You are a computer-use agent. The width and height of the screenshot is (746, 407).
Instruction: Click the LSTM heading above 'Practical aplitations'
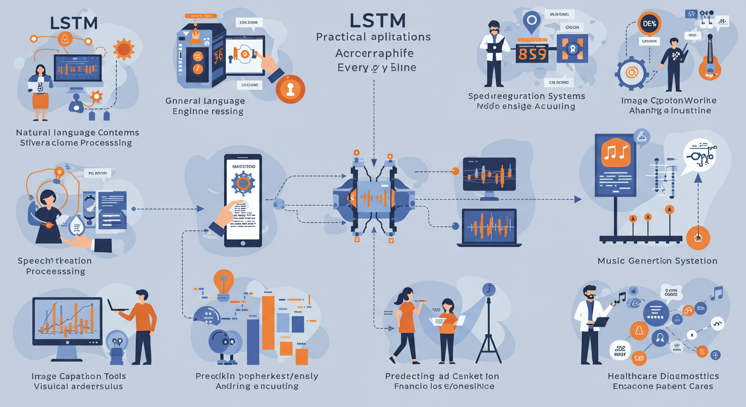[x=377, y=20]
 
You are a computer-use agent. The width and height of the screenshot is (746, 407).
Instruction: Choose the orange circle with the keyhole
[x=290, y=89]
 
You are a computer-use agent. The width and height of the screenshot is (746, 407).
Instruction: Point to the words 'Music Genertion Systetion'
[x=657, y=261]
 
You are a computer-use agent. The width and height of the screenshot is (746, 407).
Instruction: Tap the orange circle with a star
[x=698, y=238]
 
